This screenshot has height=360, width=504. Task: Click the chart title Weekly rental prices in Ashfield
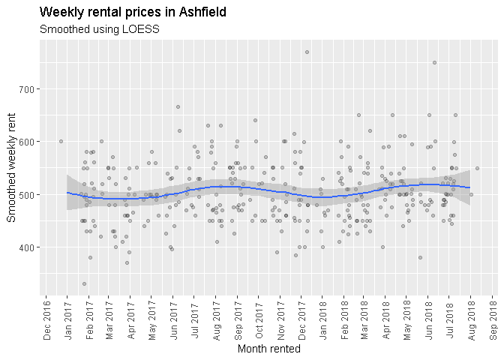133,13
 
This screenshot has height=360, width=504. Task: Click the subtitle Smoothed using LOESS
99,30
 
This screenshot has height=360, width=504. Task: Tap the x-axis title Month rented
268,349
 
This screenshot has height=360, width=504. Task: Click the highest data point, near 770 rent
307,52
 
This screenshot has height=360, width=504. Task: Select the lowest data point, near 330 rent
84,283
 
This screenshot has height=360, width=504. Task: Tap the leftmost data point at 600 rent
61,141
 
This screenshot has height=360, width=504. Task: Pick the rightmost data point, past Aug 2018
477,168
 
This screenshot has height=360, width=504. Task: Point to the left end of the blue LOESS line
67,193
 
